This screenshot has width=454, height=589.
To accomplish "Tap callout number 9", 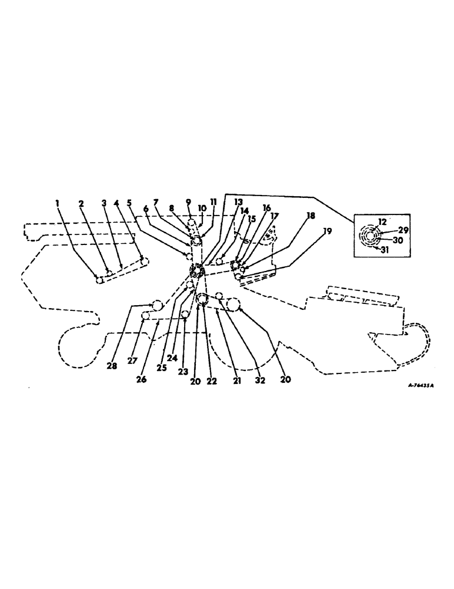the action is click(189, 201).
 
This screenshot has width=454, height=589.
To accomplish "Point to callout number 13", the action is click(238, 202).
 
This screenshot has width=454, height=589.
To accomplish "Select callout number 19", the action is click(328, 231).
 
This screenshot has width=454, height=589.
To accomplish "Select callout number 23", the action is click(184, 372).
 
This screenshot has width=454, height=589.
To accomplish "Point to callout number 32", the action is click(260, 380).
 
